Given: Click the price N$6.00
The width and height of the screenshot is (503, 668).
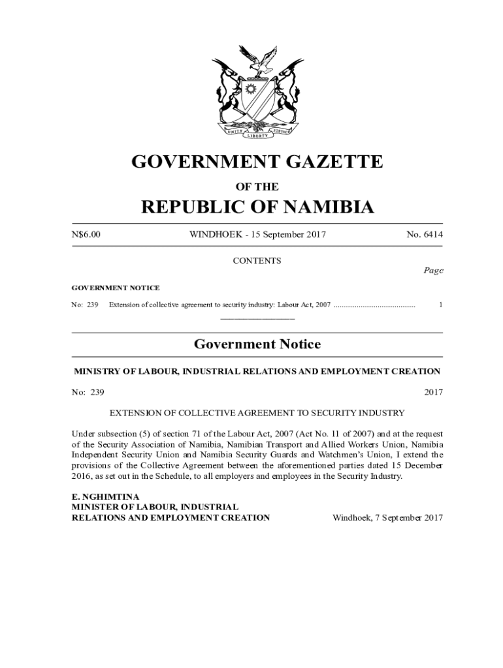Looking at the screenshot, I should (86, 235).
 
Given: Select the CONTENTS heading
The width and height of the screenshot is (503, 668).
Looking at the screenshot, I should (257, 261).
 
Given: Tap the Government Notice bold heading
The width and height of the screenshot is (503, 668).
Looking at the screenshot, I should (257, 344).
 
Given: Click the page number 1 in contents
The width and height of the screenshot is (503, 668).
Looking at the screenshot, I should (442, 305).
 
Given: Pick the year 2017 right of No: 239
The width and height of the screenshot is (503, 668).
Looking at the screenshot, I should (433, 392).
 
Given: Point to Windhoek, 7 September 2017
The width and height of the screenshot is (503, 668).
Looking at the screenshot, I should (388, 518).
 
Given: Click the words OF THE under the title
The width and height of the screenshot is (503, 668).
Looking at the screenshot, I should (257, 187).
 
